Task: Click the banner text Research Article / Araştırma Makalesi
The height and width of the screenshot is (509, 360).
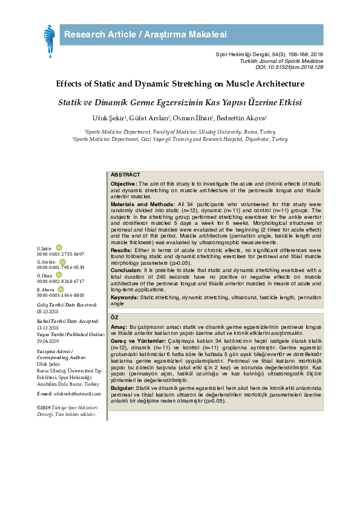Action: tap(146, 34)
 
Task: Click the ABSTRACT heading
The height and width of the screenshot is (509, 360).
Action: tap(125, 175)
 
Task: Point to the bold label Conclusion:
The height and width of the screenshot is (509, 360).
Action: tap(126, 270)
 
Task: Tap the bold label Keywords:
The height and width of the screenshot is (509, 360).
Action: tap(125, 297)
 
